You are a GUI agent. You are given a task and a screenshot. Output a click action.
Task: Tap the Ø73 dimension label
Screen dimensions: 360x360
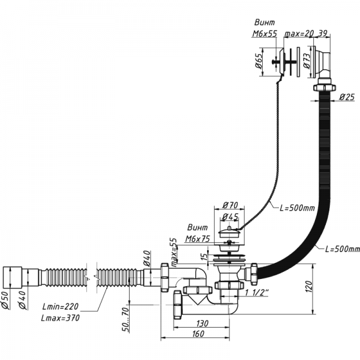[x=306, y=61]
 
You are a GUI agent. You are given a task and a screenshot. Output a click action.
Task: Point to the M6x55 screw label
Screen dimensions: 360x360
[x=265, y=34]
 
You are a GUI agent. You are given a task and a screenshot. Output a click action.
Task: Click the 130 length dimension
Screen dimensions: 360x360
[x=202, y=323]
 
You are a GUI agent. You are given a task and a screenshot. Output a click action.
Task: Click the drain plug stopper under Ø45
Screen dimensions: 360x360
[x=228, y=230]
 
